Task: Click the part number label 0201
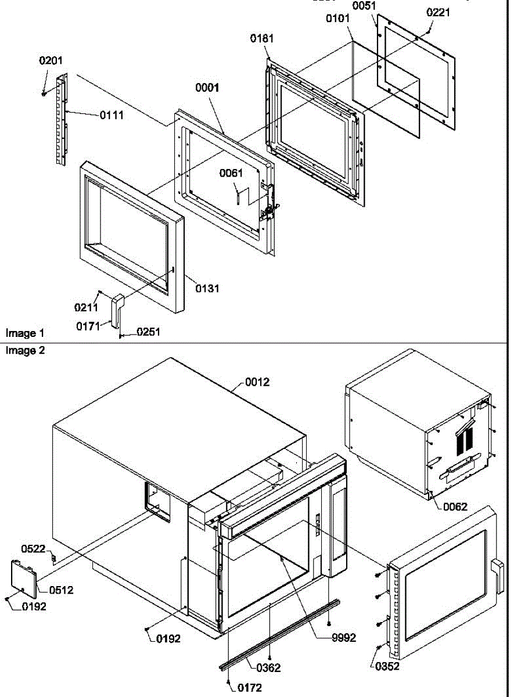coord(51,60)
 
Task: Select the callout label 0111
coord(111,115)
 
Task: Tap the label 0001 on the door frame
coord(207,88)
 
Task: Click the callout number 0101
coord(337,19)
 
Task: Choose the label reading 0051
coord(364,6)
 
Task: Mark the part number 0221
coord(438,12)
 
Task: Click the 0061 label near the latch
coord(231,173)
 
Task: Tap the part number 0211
coord(85,307)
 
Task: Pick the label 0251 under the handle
coord(149,332)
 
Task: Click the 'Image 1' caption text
coord(24,333)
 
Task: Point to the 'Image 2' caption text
coord(24,351)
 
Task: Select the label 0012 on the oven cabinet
coord(257,382)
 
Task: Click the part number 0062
coord(455,506)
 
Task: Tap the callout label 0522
coord(33,549)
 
